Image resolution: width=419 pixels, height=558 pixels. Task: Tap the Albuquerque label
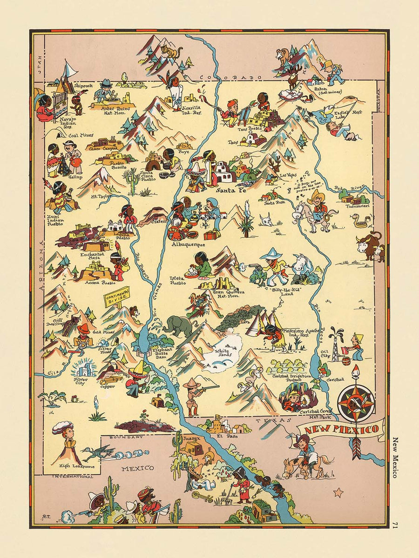tap(188, 244)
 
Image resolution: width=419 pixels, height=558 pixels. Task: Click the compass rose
tap(356, 403)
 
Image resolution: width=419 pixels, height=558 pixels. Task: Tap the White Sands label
tap(223, 353)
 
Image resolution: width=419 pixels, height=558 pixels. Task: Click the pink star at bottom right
tap(338, 492)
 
